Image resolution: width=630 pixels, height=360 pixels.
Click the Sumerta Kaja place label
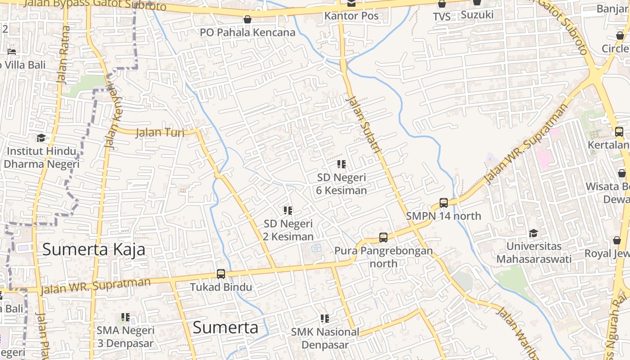[x=94, y=249]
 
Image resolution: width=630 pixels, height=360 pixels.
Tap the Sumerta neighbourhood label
[x=225, y=327]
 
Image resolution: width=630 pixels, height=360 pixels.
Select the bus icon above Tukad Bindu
[x=220, y=274]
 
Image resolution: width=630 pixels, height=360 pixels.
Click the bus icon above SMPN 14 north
[x=444, y=203]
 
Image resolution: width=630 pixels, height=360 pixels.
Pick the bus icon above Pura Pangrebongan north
[x=383, y=237]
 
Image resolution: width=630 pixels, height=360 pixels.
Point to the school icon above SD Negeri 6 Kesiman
[x=342, y=164]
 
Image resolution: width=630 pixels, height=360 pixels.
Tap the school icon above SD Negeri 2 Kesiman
[x=288, y=210]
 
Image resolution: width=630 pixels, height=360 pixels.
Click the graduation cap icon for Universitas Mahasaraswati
[x=533, y=233]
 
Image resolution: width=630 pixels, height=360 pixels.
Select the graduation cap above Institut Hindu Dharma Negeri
[x=41, y=138]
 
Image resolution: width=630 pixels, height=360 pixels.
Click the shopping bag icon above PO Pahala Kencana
[x=247, y=19]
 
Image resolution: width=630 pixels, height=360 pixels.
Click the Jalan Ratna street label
[x=63, y=54]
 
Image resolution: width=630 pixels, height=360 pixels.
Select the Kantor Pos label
[x=351, y=16]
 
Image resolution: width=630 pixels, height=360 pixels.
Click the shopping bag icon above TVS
[x=442, y=4]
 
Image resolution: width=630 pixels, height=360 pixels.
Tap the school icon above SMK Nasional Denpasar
[x=325, y=319]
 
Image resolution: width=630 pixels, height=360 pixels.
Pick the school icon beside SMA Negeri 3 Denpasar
[x=126, y=317]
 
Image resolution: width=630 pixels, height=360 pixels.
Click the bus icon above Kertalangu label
[x=619, y=132]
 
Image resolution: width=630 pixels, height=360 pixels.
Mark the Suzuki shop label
[x=477, y=14]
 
